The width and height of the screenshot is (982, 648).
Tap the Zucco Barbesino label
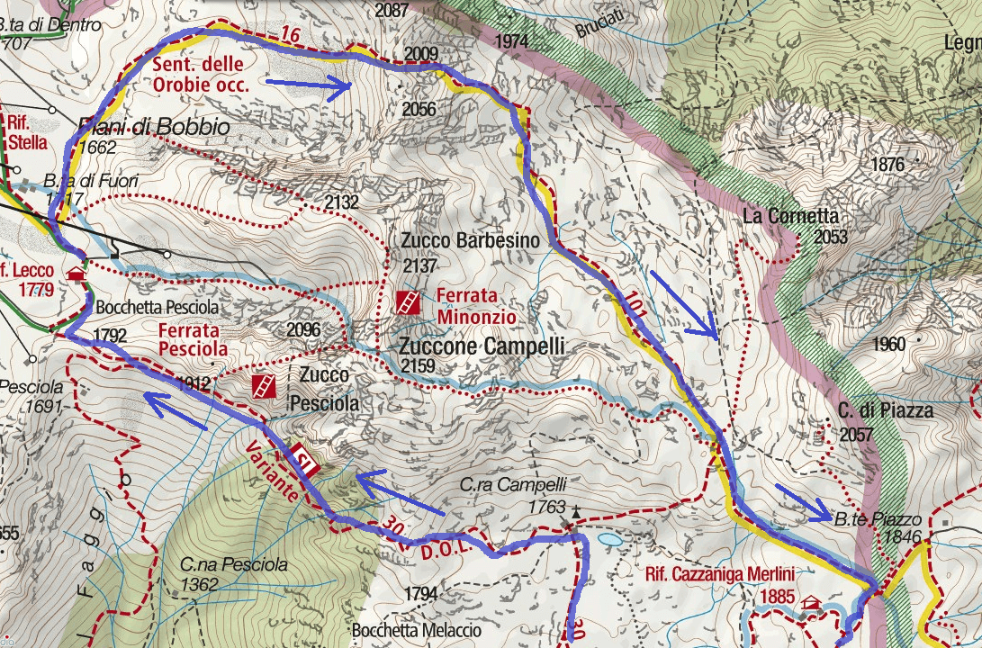click(x=471, y=241)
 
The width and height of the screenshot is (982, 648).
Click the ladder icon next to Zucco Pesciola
click(x=264, y=387)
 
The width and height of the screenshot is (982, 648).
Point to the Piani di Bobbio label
click(x=153, y=128)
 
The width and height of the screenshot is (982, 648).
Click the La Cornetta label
click(x=791, y=216)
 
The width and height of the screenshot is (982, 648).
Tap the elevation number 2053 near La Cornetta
click(x=830, y=238)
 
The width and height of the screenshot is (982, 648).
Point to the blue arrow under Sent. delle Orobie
click(x=308, y=86)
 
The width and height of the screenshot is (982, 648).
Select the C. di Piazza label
click(x=874, y=410)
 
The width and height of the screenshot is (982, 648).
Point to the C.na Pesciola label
click(x=233, y=565)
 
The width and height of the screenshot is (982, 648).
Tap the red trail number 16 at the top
click(x=288, y=35)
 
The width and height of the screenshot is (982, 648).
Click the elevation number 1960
click(x=888, y=344)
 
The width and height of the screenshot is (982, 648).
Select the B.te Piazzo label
click(x=878, y=519)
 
